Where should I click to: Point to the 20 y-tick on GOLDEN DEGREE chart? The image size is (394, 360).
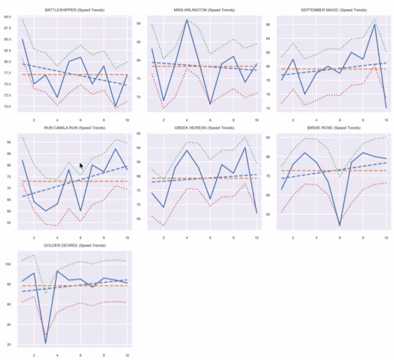[9, 344]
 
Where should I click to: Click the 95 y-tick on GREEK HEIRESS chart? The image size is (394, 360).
[139, 133]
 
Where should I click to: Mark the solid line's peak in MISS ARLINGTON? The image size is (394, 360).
[186, 20]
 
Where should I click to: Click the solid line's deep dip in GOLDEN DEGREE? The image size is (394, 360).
[45, 342]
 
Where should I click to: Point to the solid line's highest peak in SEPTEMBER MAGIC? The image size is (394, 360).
[374, 24]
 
